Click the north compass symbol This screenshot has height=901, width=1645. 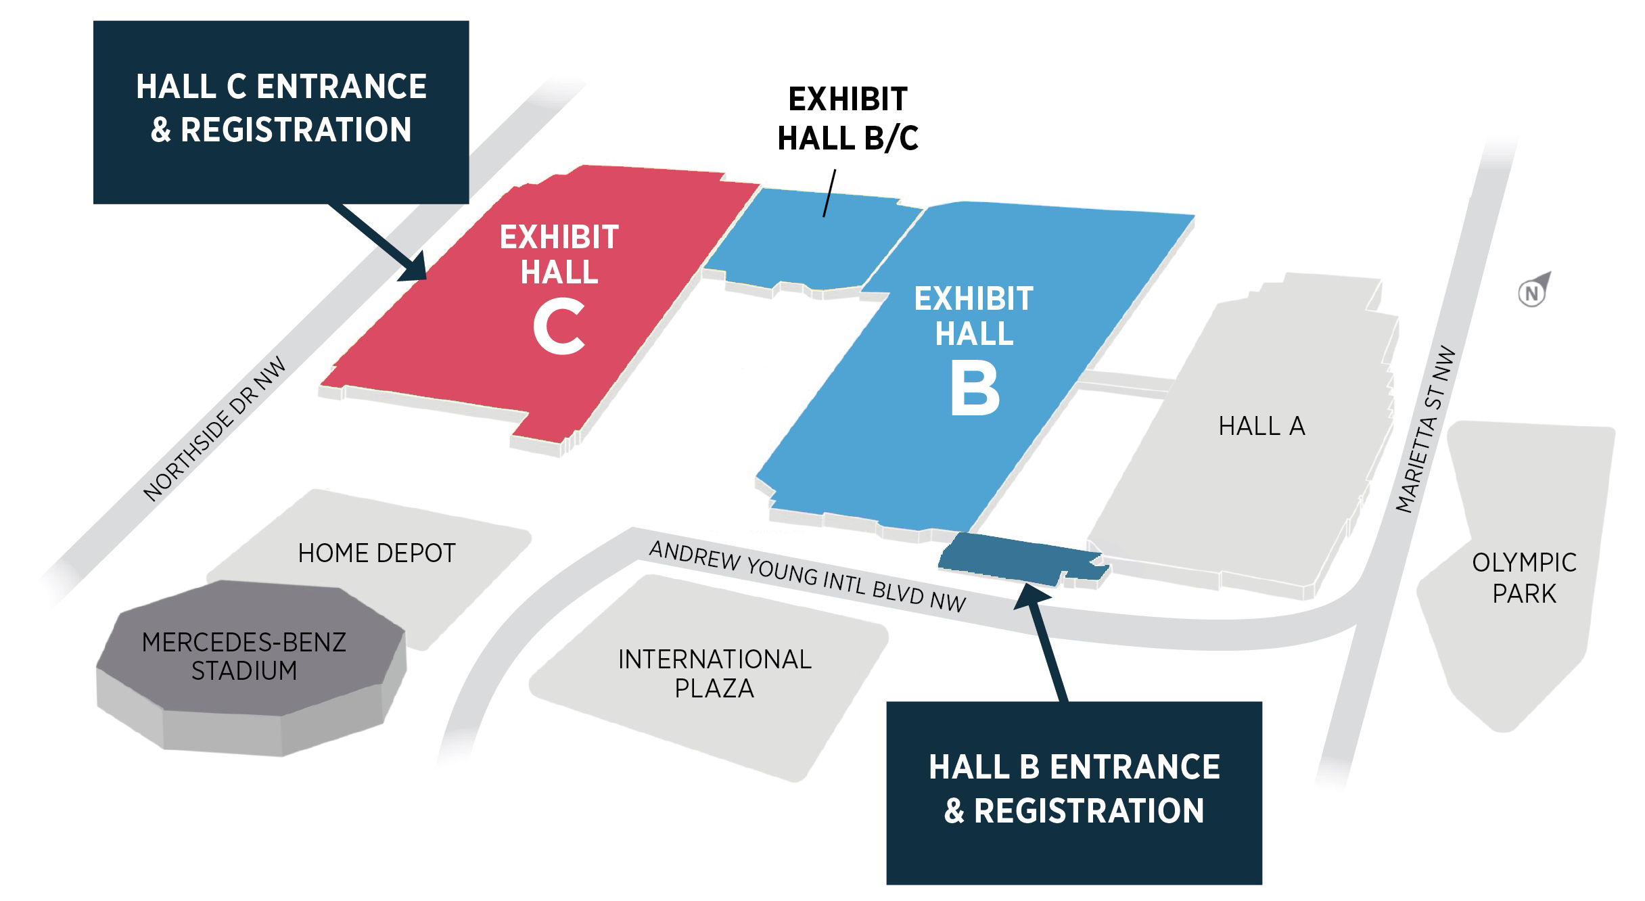click(x=1533, y=292)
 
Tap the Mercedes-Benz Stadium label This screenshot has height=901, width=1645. click(x=244, y=656)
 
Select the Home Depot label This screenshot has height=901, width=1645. click(x=377, y=553)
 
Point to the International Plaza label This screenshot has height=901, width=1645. click(x=714, y=674)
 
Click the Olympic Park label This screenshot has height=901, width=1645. click(x=1524, y=578)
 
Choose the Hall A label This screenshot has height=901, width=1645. click(x=1261, y=426)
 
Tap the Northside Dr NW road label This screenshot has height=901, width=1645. click(x=215, y=430)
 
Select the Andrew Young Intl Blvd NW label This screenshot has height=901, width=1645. click(x=807, y=576)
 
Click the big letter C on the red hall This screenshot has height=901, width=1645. click(x=559, y=328)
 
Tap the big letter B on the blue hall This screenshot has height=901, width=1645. click(x=975, y=388)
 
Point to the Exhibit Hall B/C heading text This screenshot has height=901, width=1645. click(x=848, y=119)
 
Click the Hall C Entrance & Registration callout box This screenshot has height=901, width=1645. click(x=281, y=112)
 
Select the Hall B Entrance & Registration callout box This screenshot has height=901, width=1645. click(x=1074, y=792)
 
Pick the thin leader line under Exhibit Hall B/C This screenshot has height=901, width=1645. click(x=829, y=193)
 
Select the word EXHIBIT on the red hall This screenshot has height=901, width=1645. click(x=559, y=237)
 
